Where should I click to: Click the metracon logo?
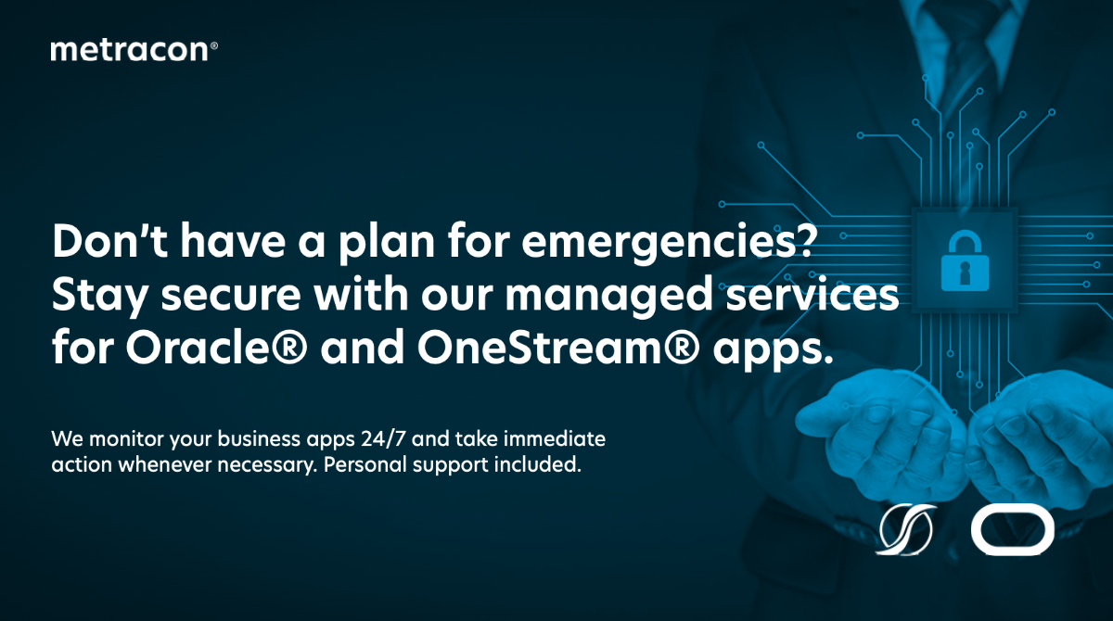pyautogui.click(x=134, y=50)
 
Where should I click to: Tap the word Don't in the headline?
pyautogui.click(x=109, y=241)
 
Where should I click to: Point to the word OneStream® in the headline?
pyautogui.click(x=558, y=347)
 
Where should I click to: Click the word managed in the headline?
pyautogui.click(x=609, y=295)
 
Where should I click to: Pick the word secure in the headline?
pyautogui.click(x=231, y=296)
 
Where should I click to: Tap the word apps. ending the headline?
pyautogui.click(x=773, y=350)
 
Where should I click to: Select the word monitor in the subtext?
pyautogui.click(x=126, y=438)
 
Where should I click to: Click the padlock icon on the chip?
pyautogui.click(x=965, y=260)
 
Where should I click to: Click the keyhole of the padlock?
pyautogui.click(x=965, y=273)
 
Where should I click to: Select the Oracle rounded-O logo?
pyautogui.click(x=1013, y=529)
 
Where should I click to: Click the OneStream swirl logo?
pyautogui.click(x=905, y=529)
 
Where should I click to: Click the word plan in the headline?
pyautogui.click(x=386, y=245)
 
